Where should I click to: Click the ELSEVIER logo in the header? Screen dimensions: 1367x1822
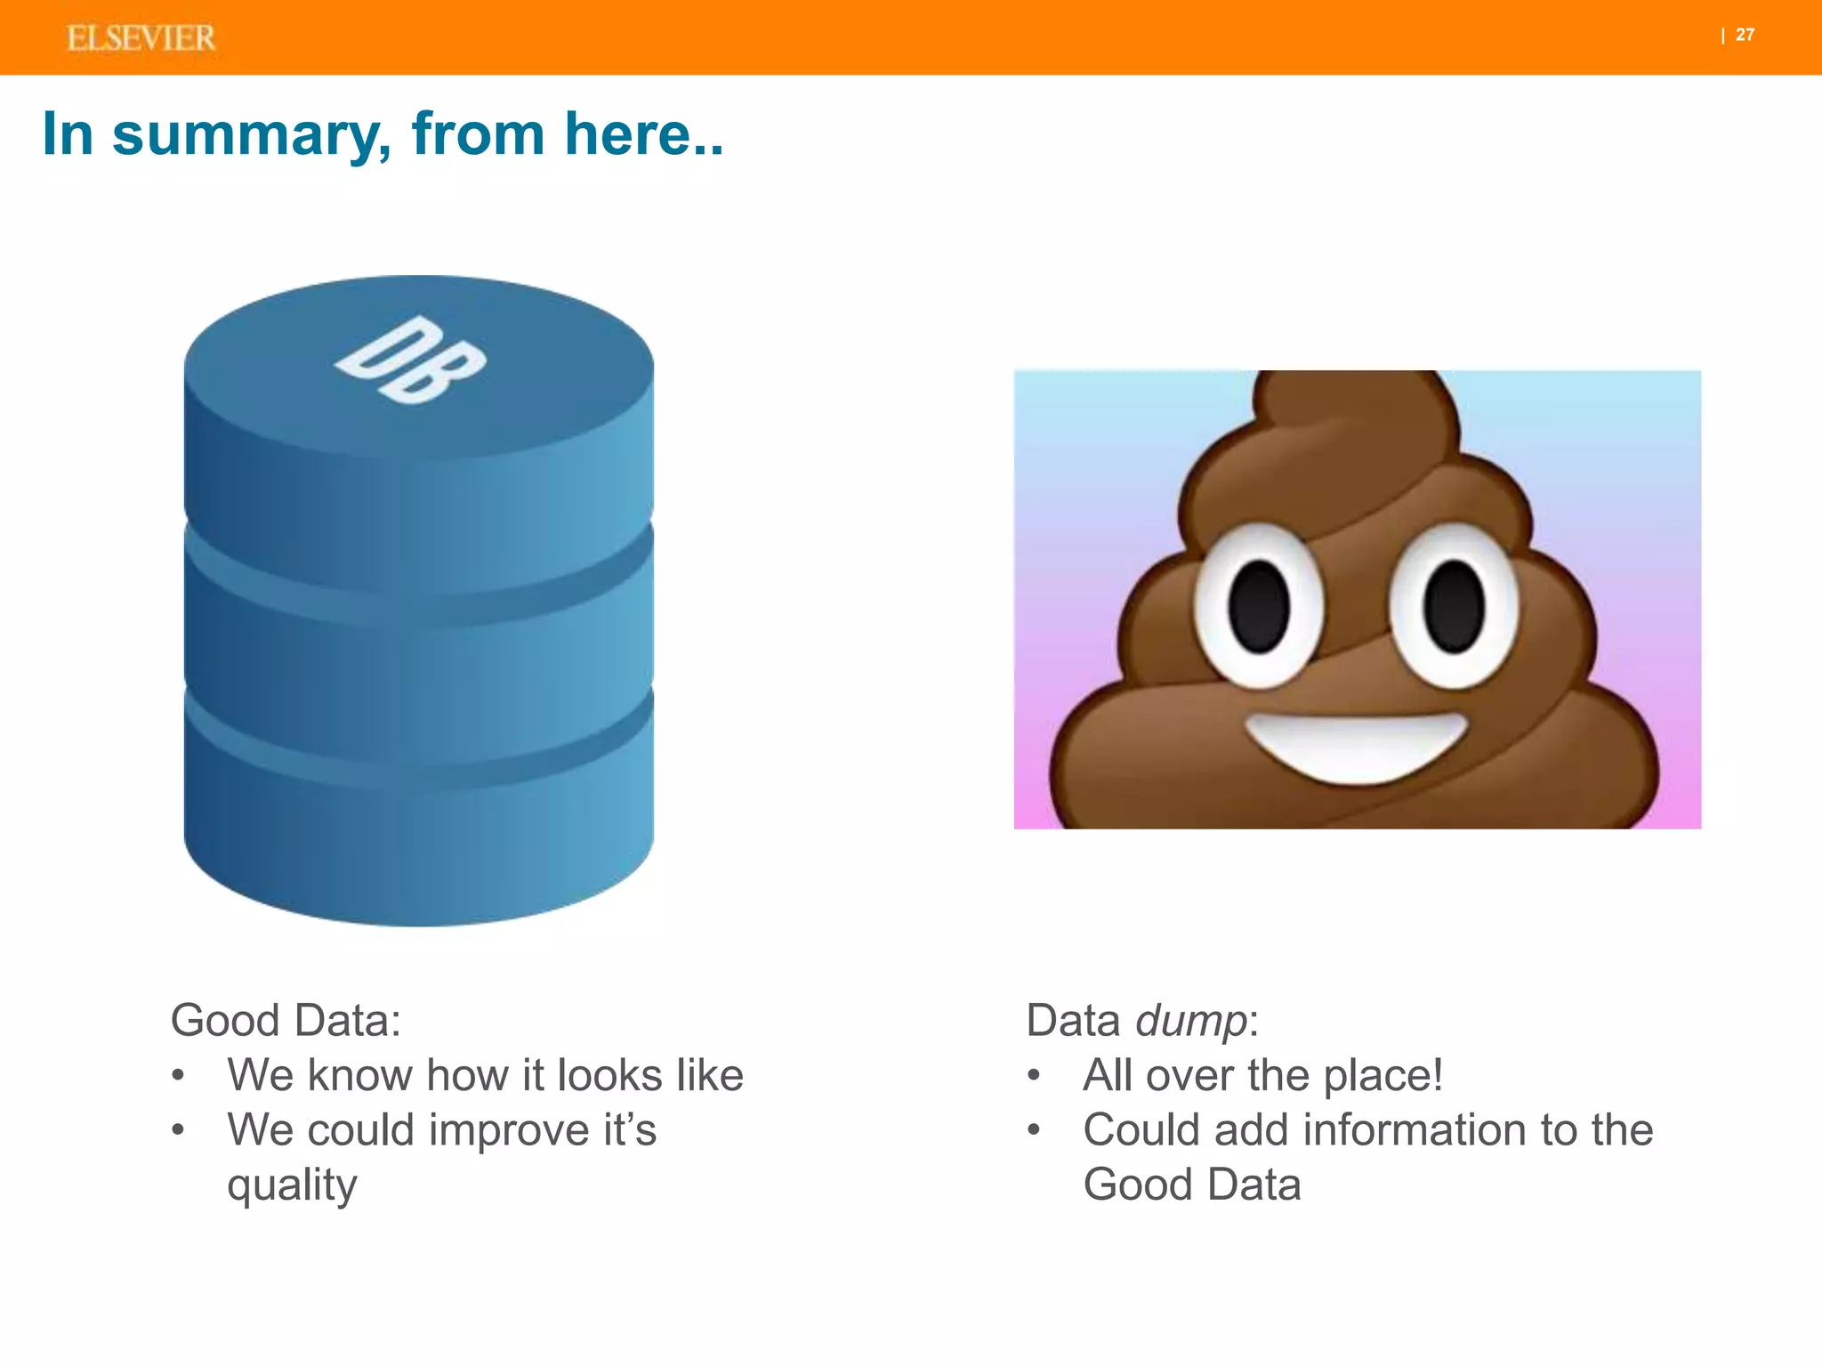(141, 38)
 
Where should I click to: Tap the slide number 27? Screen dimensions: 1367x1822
(1745, 35)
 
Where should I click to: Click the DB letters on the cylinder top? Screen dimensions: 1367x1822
(411, 360)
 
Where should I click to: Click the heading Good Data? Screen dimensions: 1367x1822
(286, 1020)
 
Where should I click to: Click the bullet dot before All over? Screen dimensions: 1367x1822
(1034, 1075)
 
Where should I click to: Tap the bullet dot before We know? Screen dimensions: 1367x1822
(178, 1075)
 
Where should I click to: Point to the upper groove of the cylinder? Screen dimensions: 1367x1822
(418, 605)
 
